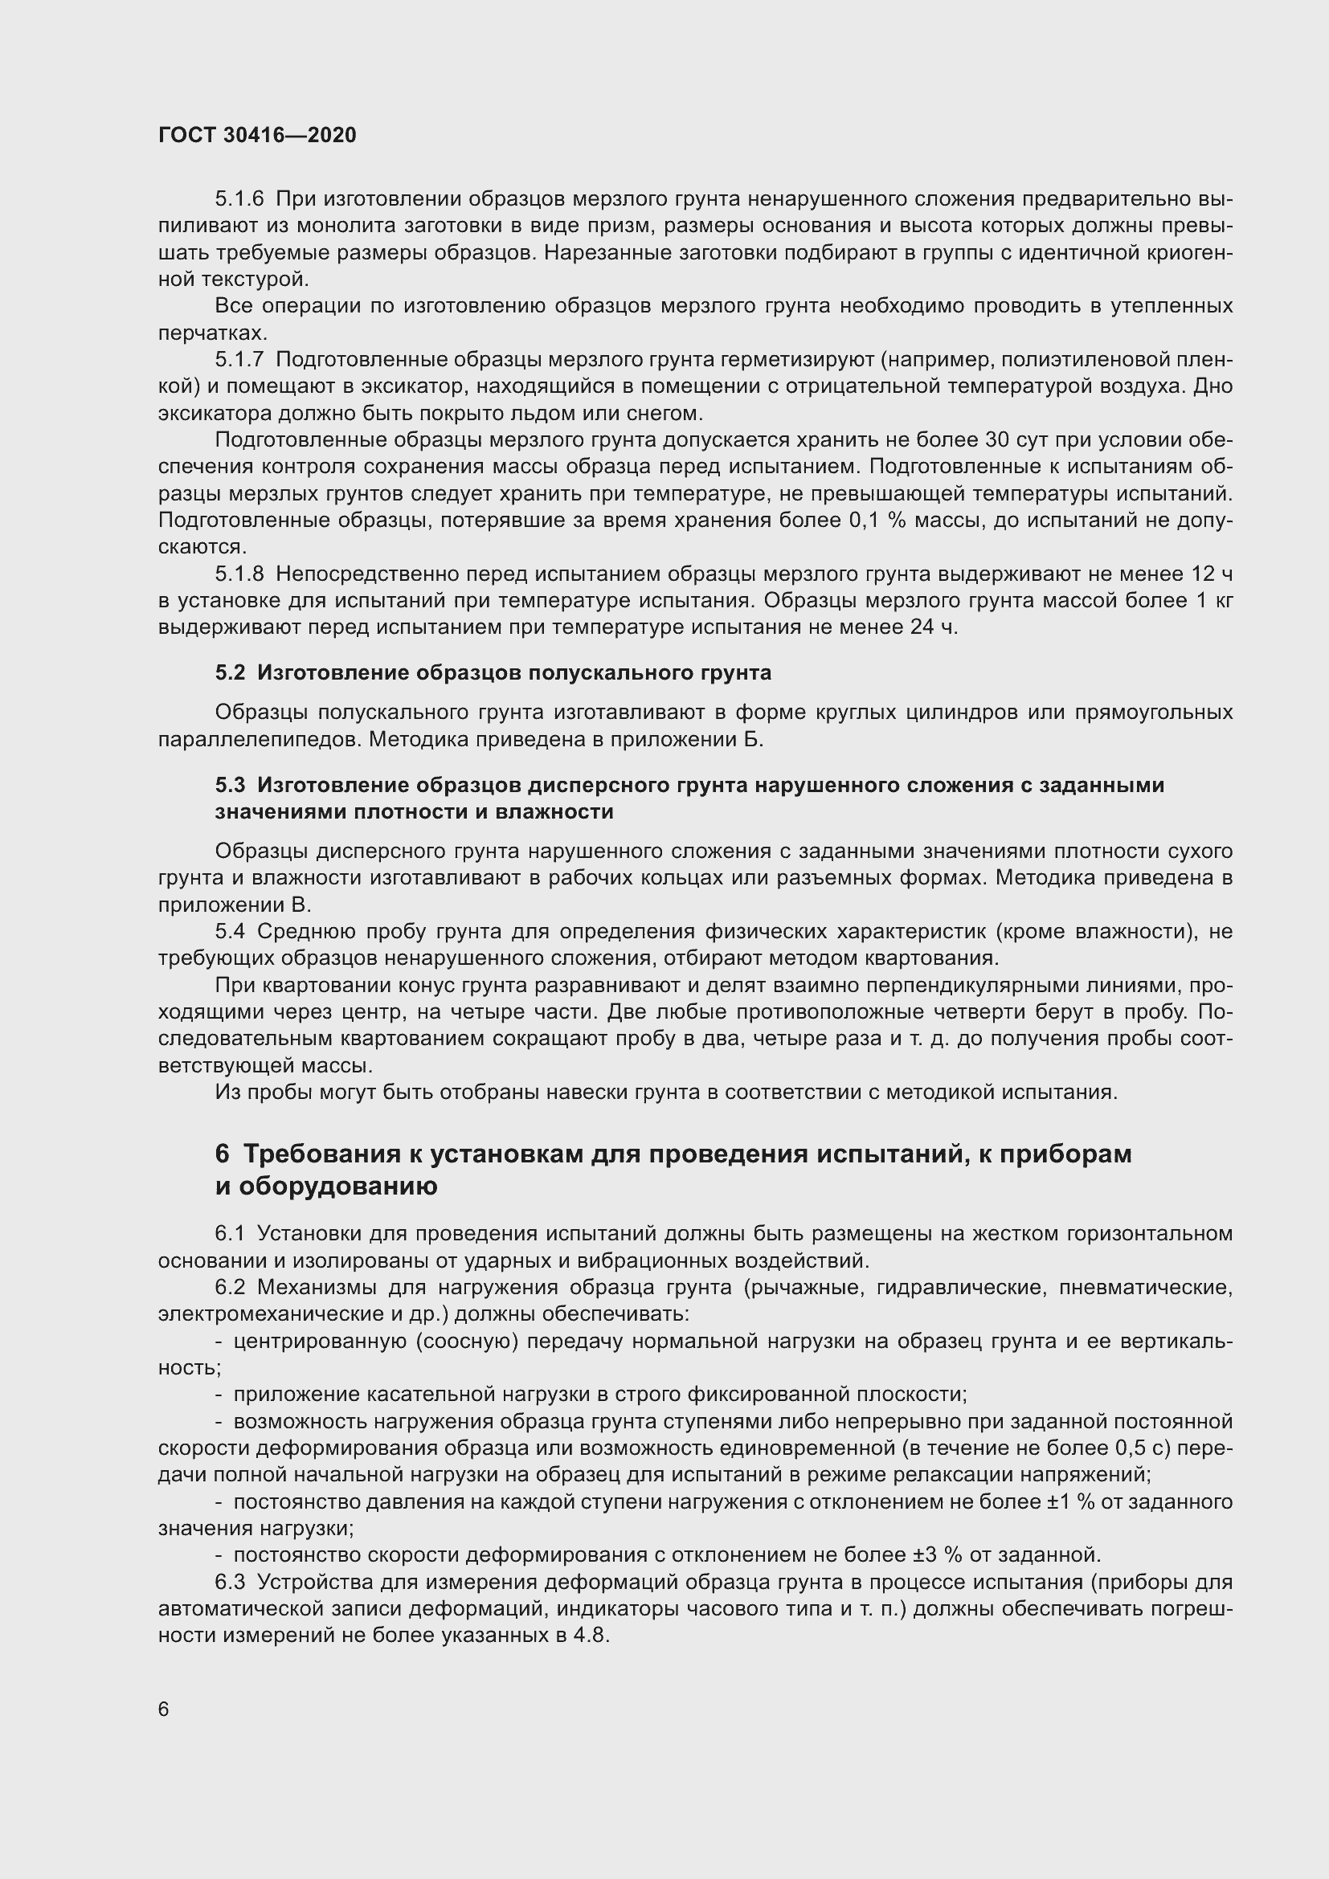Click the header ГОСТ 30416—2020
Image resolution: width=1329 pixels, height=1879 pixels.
(x=257, y=135)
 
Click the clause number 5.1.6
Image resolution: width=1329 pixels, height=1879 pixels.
(x=239, y=199)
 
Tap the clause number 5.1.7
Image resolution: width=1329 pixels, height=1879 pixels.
(x=239, y=359)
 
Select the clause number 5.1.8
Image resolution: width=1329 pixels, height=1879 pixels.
(x=239, y=574)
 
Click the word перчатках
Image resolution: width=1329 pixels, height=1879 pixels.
(x=210, y=333)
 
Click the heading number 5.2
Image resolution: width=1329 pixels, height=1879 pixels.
(x=230, y=672)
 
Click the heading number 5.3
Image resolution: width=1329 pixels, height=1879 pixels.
(x=230, y=785)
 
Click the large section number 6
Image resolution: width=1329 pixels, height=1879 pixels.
(x=223, y=1154)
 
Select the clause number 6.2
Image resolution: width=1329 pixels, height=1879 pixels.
(x=230, y=1287)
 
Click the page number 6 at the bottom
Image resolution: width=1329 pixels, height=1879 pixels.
(x=164, y=1709)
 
